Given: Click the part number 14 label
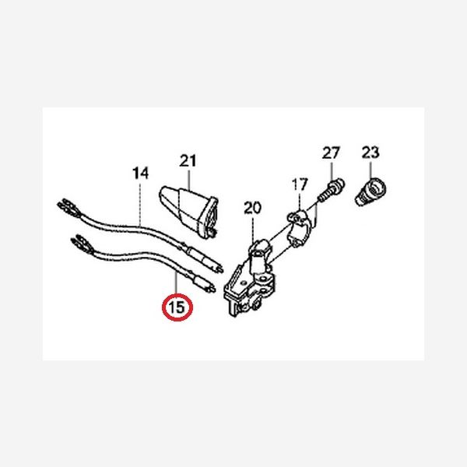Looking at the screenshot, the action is (140, 174).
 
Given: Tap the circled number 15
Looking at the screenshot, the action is (177, 307).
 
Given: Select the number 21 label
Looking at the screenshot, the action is (188, 161).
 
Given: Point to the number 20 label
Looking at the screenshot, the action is (252, 208).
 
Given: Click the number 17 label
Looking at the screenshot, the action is (300, 184).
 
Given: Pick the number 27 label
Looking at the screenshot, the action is (331, 153).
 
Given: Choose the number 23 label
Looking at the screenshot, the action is (370, 153).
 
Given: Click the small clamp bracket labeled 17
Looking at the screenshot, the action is (300, 228).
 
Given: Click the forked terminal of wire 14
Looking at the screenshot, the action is (68, 206).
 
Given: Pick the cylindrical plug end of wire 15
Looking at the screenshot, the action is (201, 283).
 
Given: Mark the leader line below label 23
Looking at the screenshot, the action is (370, 168).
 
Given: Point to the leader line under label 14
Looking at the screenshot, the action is (140, 202).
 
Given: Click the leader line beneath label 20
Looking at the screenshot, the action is (252, 230).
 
